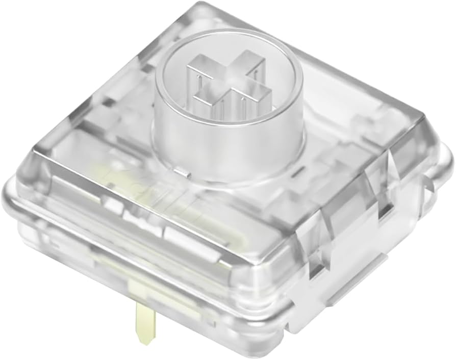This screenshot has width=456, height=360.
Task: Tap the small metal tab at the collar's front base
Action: (182, 173)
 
